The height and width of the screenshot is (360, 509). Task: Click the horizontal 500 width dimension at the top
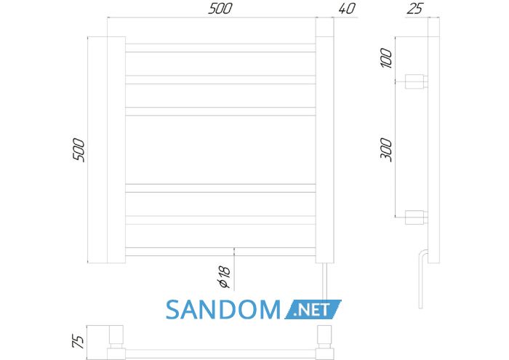tap(220, 9)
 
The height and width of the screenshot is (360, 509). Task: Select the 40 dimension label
tap(347, 9)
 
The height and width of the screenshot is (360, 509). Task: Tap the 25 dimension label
tap(414, 9)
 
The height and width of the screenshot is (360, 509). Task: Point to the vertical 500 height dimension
tap(79, 150)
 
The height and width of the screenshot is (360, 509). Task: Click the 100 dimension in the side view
tap(386, 57)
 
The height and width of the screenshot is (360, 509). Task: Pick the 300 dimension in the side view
tap(386, 150)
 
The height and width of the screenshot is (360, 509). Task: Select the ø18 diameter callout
tap(225, 277)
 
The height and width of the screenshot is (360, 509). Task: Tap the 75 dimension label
tap(79, 341)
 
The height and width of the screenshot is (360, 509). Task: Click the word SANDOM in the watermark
tap(223, 309)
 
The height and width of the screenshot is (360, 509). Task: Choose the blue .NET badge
tap(313, 309)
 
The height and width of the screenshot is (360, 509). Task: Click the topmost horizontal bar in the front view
tap(220, 48)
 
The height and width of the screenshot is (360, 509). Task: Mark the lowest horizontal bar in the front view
tap(220, 252)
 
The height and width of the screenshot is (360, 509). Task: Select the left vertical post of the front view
tap(116, 150)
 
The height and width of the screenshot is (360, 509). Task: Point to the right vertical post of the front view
tap(324, 140)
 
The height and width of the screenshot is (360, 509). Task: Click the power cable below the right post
tap(325, 281)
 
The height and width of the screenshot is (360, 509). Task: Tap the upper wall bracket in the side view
tap(417, 81)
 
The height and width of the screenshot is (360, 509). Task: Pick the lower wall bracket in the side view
tap(417, 217)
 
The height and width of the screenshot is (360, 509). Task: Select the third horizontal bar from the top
tap(220, 111)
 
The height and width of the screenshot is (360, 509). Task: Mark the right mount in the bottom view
tap(325, 342)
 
